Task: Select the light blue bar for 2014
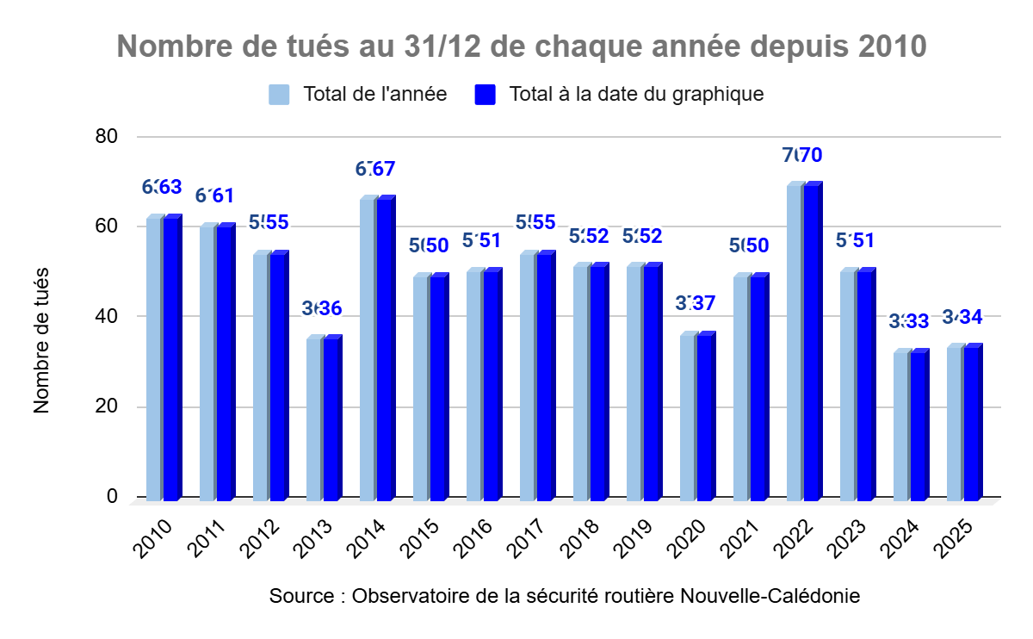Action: [368, 350]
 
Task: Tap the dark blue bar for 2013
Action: [331, 419]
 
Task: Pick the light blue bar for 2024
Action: [901, 426]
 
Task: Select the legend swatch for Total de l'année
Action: [279, 94]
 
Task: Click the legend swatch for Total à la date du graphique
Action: [486, 94]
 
